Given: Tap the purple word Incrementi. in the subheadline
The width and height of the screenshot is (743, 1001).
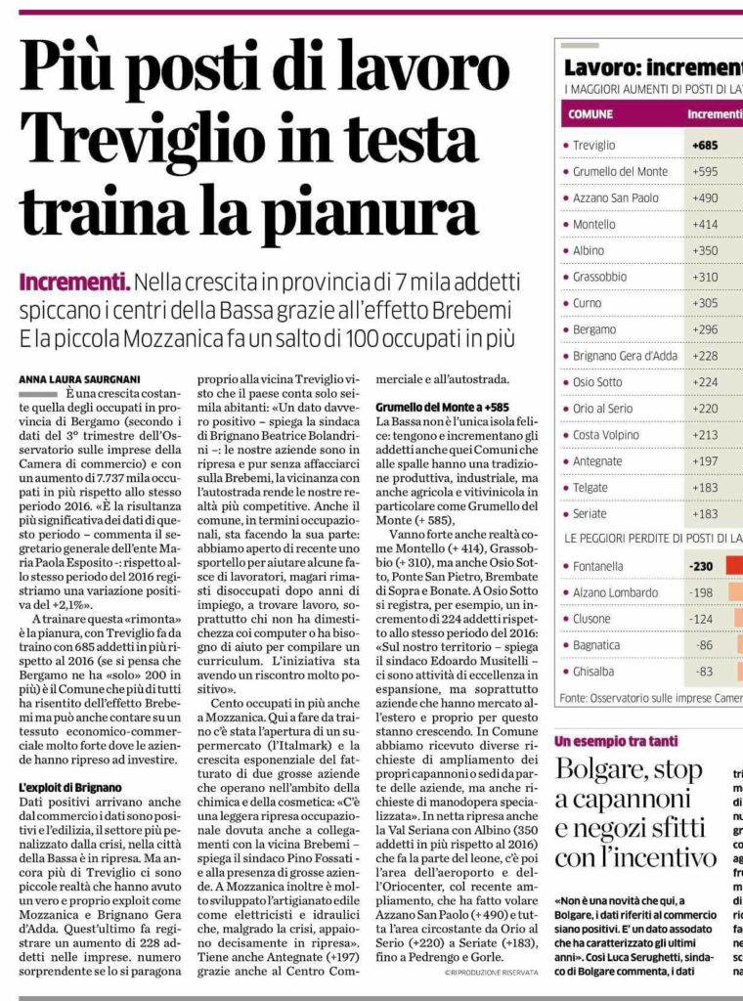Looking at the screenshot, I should [74, 284].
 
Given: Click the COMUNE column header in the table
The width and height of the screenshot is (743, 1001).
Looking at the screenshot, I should [590, 114].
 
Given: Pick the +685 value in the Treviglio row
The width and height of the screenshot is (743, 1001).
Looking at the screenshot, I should [706, 145].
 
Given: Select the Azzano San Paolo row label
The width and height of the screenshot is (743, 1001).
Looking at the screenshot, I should [616, 197].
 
